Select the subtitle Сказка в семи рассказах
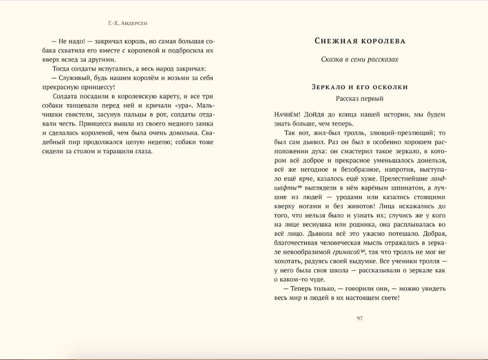click(360, 59)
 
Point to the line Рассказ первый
click(360, 98)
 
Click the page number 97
click(360, 319)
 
